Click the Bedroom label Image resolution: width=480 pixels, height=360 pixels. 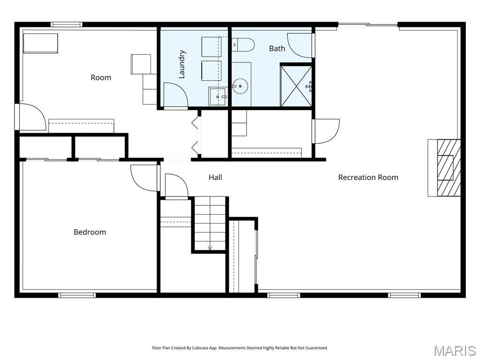click(x=90, y=232)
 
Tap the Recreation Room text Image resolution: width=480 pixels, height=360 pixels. click(x=368, y=177)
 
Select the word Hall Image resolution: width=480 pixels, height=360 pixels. click(x=215, y=177)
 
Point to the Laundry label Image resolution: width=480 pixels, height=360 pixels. click(x=182, y=64)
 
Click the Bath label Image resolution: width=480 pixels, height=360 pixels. click(x=277, y=48)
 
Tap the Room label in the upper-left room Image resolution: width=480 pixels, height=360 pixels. click(x=101, y=77)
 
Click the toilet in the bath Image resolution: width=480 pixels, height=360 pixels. click(x=243, y=45)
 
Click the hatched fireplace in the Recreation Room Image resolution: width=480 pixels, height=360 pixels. click(x=449, y=167)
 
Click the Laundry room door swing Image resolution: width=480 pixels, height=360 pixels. click(x=176, y=95)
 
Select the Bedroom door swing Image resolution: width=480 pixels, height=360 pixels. click(x=143, y=178)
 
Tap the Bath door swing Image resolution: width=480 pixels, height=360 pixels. click(x=300, y=45)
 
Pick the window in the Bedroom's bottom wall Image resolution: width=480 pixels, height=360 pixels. click(x=77, y=295)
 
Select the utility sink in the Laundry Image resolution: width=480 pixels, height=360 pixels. click(x=218, y=97)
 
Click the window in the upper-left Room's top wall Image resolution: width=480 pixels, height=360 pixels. click(x=67, y=24)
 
